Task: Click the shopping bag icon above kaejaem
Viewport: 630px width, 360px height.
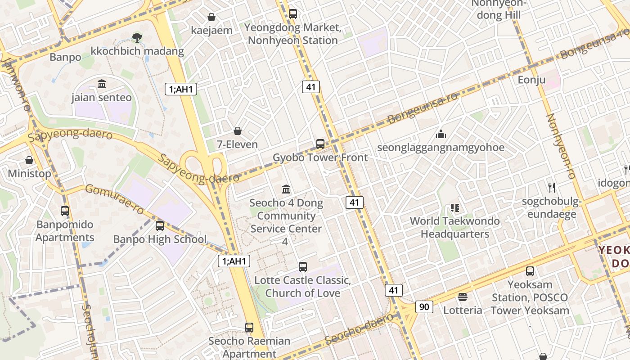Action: (211, 17)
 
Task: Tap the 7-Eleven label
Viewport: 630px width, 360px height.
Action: (237, 144)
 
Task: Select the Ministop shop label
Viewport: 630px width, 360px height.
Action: (29, 173)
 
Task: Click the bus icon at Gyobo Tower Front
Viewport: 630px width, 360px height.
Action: (320, 144)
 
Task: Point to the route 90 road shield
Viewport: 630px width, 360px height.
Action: (424, 307)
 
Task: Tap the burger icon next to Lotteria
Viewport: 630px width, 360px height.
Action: (462, 297)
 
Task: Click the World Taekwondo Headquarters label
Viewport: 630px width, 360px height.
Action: (454, 227)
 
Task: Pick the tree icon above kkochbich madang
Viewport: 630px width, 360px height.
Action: (137, 38)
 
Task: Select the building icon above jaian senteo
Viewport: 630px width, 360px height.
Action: (101, 84)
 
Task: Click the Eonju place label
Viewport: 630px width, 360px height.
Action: (531, 80)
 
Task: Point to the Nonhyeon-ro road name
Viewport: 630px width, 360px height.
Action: (561, 146)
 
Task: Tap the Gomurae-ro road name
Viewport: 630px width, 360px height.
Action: (114, 199)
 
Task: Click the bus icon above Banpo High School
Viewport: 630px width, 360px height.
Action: (159, 226)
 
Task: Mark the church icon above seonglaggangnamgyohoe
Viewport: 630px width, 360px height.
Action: (441, 134)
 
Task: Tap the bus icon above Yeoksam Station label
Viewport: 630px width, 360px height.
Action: (530, 271)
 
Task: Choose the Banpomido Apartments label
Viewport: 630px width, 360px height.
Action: (65, 231)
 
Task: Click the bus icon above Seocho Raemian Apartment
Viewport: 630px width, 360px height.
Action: (249, 328)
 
